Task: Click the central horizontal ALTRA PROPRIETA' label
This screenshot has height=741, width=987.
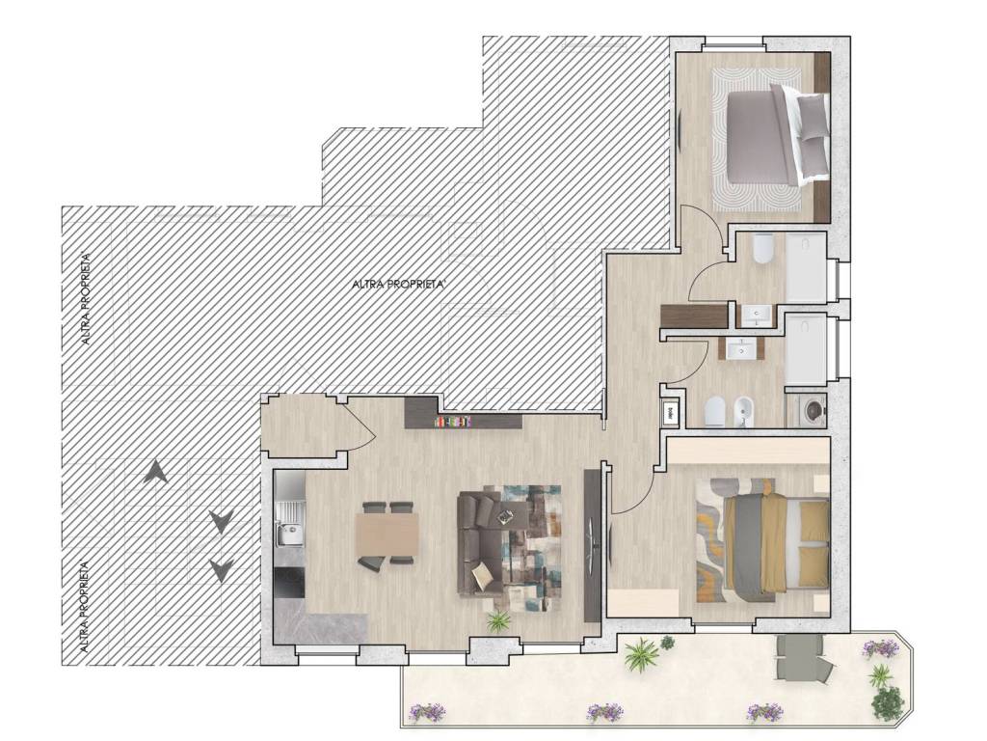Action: [400, 285]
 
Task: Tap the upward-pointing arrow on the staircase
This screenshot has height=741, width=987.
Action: [155, 471]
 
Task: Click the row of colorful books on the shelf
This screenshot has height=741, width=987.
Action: [453, 421]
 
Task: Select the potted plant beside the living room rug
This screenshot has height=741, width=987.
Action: [498, 622]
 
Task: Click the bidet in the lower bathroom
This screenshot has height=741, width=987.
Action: [744, 412]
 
